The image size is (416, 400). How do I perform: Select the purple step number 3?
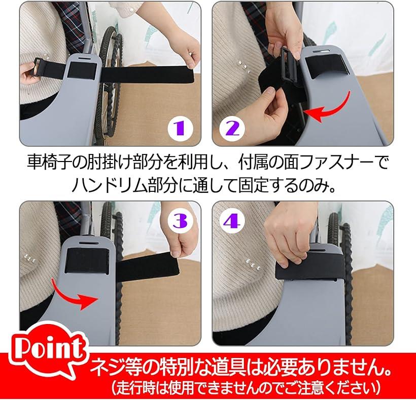(x=181, y=221)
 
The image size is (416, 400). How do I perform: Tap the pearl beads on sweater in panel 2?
(x=245, y=67)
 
